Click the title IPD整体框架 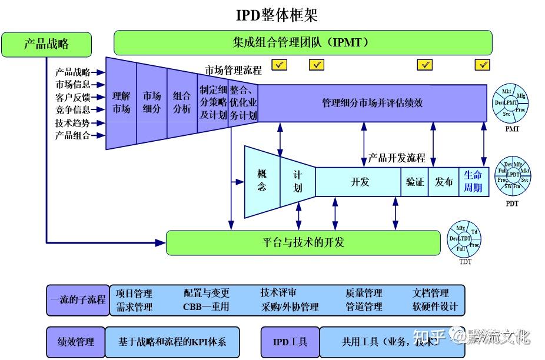pyautogui.click(x=277, y=15)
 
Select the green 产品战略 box pyautogui.click(x=46, y=44)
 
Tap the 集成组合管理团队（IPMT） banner pyautogui.click(x=303, y=43)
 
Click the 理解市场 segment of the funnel pyautogui.click(x=121, y=102)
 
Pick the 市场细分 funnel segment pyautogui.click(x=152, y=102)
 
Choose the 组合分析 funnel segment pyautogui.click(x=182, y=102)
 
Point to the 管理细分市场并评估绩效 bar pyautogui.click(x=372, y=103)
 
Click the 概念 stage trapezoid pyautogui.click(x=262, y=180)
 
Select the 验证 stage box pyautogui.click(x=414, y=182)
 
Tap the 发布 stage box pyautogui.click(x=443, y=182)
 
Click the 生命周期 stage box pyautogui.click(x=473, y=182)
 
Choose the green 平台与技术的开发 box pyautogui.click(x=303, y=243)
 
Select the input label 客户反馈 pyautogui.click(x=73, y=97)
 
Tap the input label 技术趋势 pyautogui.click(x=73, y=123)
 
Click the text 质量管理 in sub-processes pyautogui.click(x=364, y=293)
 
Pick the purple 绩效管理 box pyautogui.click(x=75, y=342)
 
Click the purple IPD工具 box pyautogui.click(x=290, y=342)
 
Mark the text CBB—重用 pyautogui.click(x=206, y=307)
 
